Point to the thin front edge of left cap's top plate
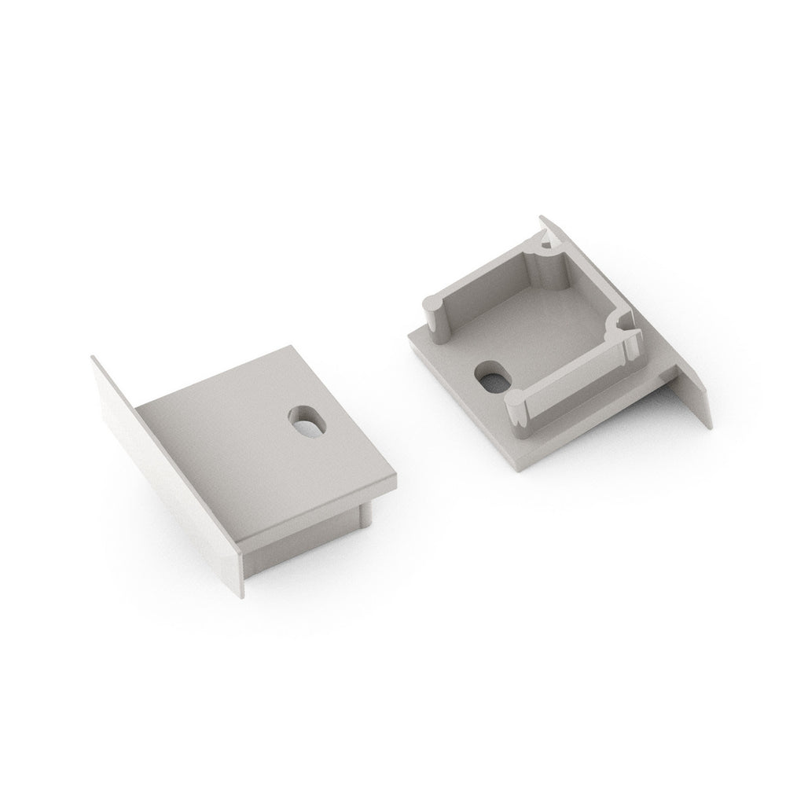tap(314, 511)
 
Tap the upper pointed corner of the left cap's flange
tap(94, 358)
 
